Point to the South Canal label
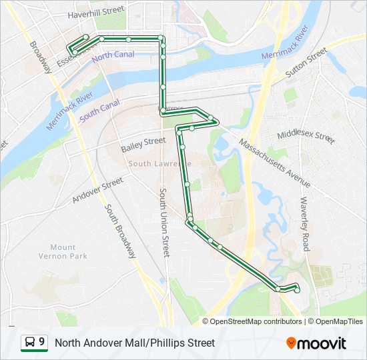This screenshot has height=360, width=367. coord(99,111)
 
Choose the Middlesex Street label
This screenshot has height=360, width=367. coord(306,135)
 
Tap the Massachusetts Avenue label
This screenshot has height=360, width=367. coord(274,163)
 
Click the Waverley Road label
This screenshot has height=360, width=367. coord(305,223)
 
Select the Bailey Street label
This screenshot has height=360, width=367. coord(143,141)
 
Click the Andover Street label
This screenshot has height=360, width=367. coord(97,189)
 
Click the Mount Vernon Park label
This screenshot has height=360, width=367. coord(63,251)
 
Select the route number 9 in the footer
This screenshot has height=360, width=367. coord(42,343)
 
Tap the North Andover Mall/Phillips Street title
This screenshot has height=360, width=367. coord(135,343)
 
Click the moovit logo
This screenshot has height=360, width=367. coord(316,343)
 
